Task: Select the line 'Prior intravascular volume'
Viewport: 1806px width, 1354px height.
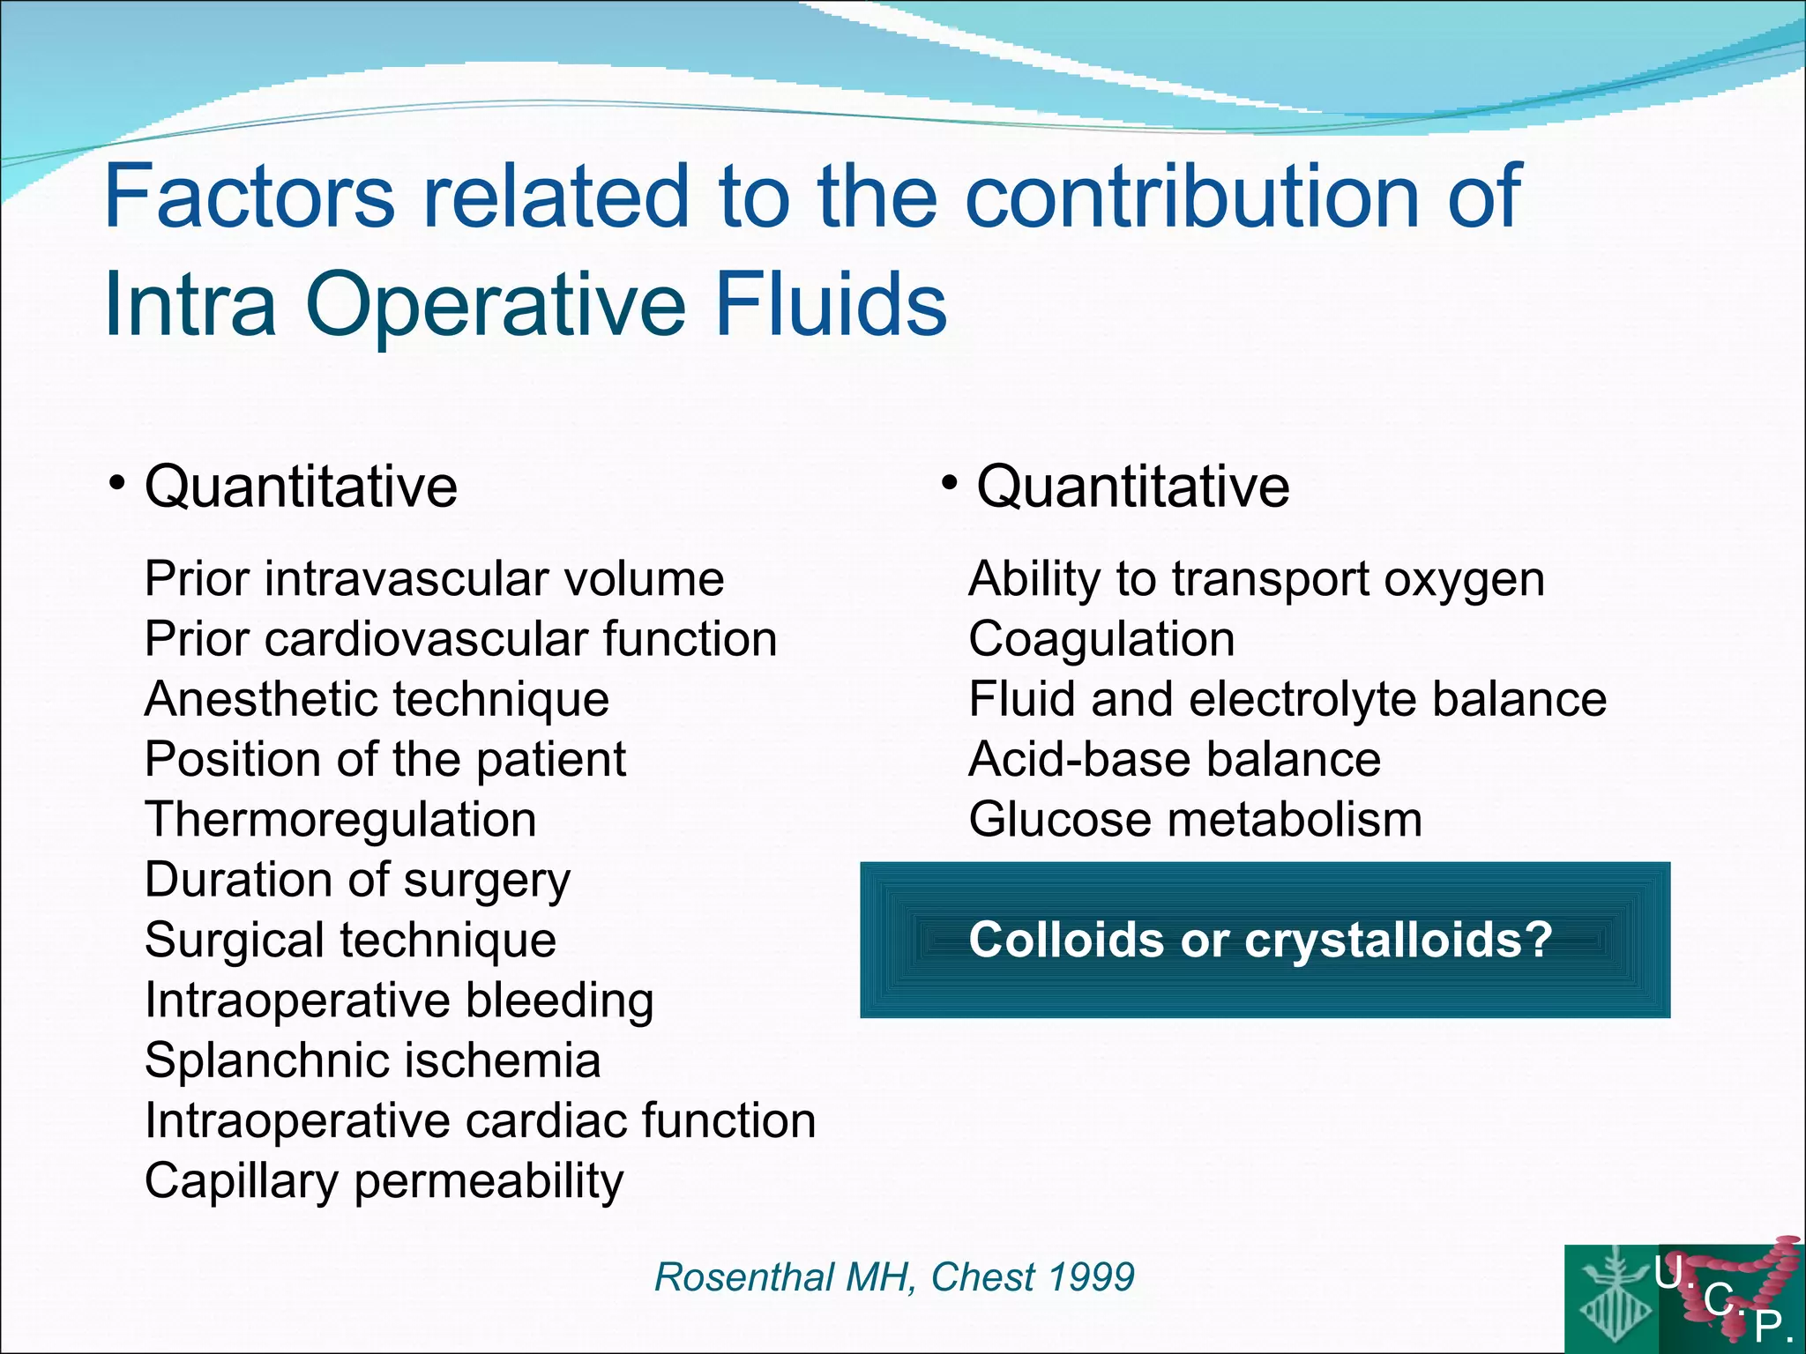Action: pos(434,580)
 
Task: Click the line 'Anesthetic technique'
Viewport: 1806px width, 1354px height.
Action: pos(377,700)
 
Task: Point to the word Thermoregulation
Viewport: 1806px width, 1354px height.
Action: pos(340,820)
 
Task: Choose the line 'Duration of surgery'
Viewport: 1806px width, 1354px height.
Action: pos(357,881)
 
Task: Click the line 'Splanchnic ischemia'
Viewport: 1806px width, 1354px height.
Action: pos(372,1060)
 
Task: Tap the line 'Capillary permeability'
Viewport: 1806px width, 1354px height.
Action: pos(384,1181)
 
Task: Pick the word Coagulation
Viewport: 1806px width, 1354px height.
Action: pos(1101,640)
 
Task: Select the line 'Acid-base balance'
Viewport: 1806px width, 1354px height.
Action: pos(1175,760)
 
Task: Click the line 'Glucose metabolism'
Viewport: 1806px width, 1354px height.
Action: pos(1195,820)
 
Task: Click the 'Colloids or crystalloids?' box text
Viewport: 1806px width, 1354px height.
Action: pos(1260,940)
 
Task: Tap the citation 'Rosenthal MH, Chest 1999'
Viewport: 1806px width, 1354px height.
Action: pos(894,1277)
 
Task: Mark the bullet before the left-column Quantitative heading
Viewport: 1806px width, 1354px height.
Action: pos(116,483)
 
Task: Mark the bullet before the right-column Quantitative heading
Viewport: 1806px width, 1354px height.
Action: pos(949,483)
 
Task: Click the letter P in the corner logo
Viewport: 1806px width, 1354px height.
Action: pos(1768,1325)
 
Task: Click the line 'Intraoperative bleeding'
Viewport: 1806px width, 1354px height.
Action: pos(399,1001)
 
